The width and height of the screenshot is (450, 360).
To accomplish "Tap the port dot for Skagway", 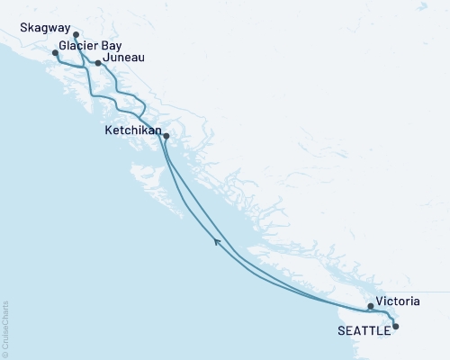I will click(x=76, y=36).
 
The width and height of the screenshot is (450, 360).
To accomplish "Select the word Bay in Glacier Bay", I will click(x=112, y=45).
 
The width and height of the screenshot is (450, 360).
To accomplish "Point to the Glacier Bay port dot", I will click(x=55, y=53).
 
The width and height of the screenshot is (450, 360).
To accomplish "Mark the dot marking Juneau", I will click(x=99, y=64).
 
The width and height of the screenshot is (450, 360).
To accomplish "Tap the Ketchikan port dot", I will click(x=166, y=137).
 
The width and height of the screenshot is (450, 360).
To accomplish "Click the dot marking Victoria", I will click(x=371, y=307).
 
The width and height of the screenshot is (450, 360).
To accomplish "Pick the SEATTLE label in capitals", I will click(x=364, y=330).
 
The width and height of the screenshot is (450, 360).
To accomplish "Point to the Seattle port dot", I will click(x=396, y=328).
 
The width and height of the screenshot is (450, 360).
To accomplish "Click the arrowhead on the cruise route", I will click(x=217, y=240).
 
